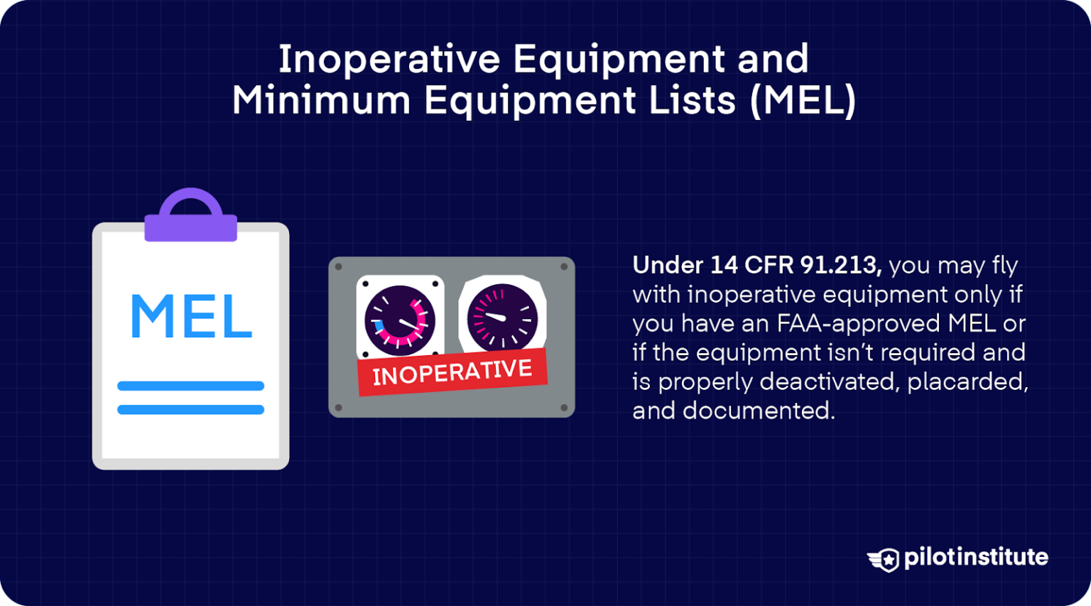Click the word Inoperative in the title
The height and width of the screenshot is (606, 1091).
(x=389, y=59)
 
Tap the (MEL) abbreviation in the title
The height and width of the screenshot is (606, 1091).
(x=803, y=100)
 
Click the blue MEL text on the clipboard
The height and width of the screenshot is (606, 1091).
(x=190, y=317)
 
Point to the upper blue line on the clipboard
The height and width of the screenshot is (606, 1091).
(x=190, y=386)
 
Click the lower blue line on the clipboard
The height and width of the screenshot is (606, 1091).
(x=190, y=409)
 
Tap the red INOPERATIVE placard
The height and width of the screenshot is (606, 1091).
(x=452, y=372)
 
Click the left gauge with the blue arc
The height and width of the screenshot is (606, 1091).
(x=399, y=320)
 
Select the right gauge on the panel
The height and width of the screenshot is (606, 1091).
(x=502, y=317)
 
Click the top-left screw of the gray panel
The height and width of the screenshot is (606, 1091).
(x=339, y=267)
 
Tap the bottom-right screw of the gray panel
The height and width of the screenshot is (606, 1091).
(x=564, y=408)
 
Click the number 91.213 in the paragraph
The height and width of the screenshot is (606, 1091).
(x=841, y=265)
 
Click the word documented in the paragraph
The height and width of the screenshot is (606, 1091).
(x=759, y=411)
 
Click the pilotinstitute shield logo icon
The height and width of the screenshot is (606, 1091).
(x=884, y=559)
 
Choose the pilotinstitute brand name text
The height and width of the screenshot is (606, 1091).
(x=976, y=557)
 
